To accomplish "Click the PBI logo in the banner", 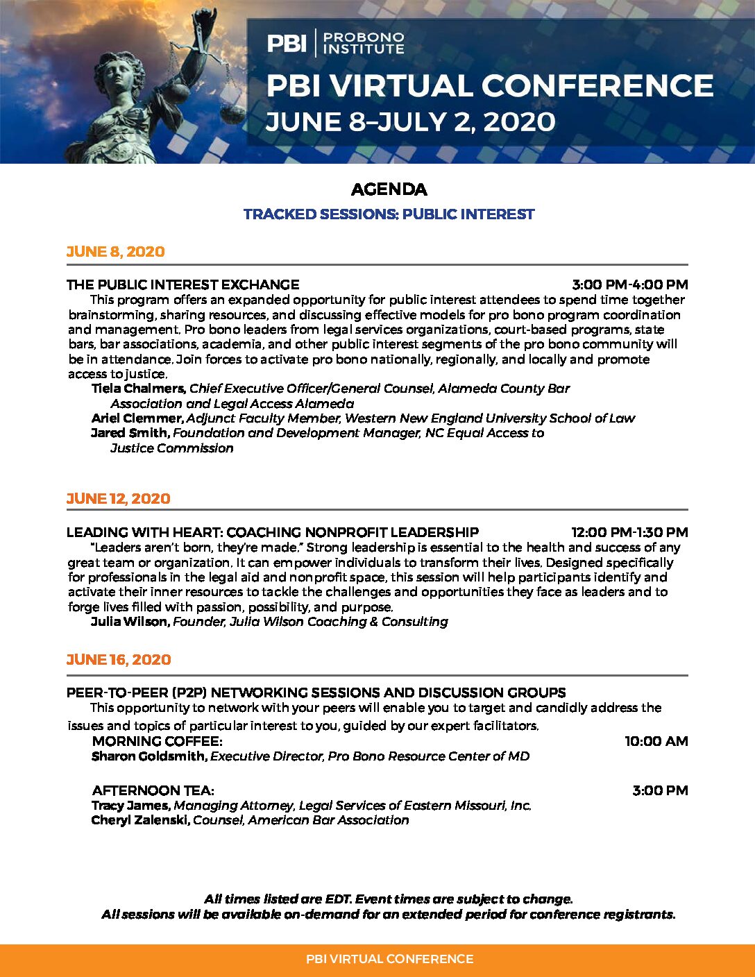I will (x=287, y=43).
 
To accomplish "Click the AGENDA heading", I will (x=389, y=189).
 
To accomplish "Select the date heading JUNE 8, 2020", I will (x=115, y=252).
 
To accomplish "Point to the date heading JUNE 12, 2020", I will (x=118, y=499).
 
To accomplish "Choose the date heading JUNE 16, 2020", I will (x=118, y=660).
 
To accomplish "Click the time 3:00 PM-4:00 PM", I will (x=629, y=284).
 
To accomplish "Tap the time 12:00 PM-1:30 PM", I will (x=629, y=532).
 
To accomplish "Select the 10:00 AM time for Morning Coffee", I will (x=656, y=741).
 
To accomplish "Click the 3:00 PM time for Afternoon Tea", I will (x=660, y=790).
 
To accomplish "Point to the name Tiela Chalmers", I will (x=138, y=389).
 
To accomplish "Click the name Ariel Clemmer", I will (x=137, y=418).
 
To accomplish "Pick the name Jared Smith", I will (x=130, y=433).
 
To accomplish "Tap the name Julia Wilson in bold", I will (x=130, y=622).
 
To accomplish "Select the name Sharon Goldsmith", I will (x=149, y=756).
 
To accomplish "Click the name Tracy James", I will (x=130, y=806).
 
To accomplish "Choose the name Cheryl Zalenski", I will (x=140, y=820).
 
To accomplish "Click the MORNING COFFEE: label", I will (x=157, y=741).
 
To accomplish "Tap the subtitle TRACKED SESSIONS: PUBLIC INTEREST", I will (x=389, y=214).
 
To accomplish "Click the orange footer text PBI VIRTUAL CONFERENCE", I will (x=389, y=959).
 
